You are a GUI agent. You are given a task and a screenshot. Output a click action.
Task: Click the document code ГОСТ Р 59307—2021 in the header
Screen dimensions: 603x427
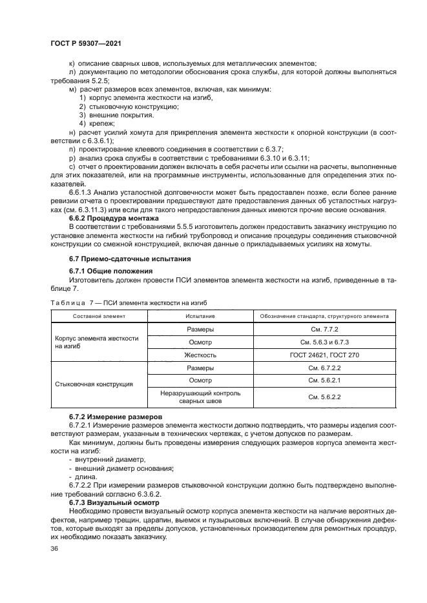pyautogui.click(x=86, y=43)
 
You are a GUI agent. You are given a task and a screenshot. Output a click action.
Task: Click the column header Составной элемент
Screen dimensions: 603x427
pyautogui.click(x=99, y=316)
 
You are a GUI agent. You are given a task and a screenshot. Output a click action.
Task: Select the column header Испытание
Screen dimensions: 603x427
pyautogui.click(x=200, y=316)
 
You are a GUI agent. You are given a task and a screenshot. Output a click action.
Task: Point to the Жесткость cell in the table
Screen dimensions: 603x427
pyautogui.click(x=200, y=355)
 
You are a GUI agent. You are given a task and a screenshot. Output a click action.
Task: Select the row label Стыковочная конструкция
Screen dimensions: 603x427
pyautogui.click(x=94, y=384)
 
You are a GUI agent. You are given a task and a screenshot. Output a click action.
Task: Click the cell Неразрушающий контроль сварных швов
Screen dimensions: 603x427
pyautogui.click(x=200, y=397)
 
